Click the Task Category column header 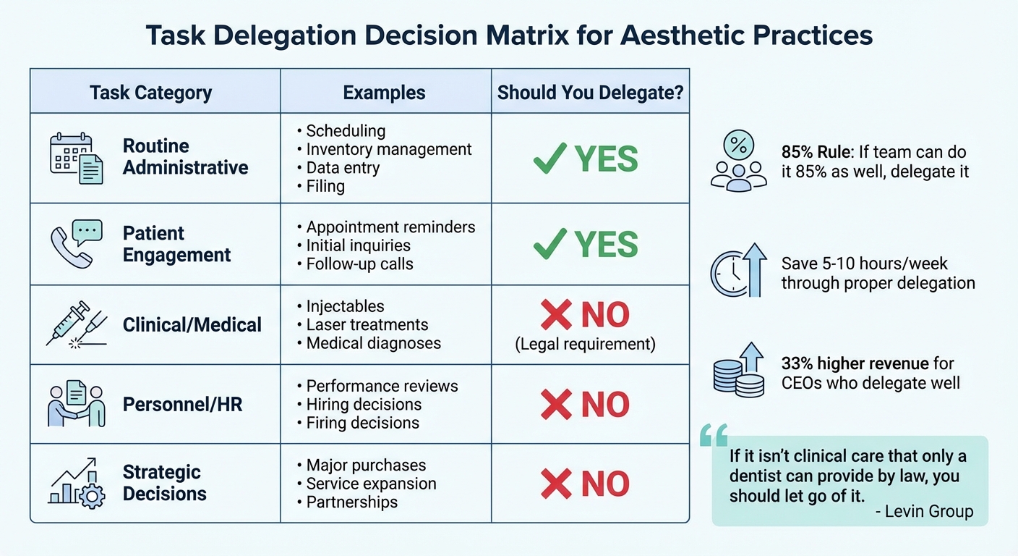(151, 93)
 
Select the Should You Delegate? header (590, 93)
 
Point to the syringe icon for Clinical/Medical (76, 324)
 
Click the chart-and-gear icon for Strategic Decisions (76, 483)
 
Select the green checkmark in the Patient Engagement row (550, 245)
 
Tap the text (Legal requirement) (586, 344)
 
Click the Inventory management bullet (389, 149)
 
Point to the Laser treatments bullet (367, 325)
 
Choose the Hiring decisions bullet (364, 404)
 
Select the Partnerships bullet (352, 502)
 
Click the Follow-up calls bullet (359, 264)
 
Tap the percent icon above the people (737, 145)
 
